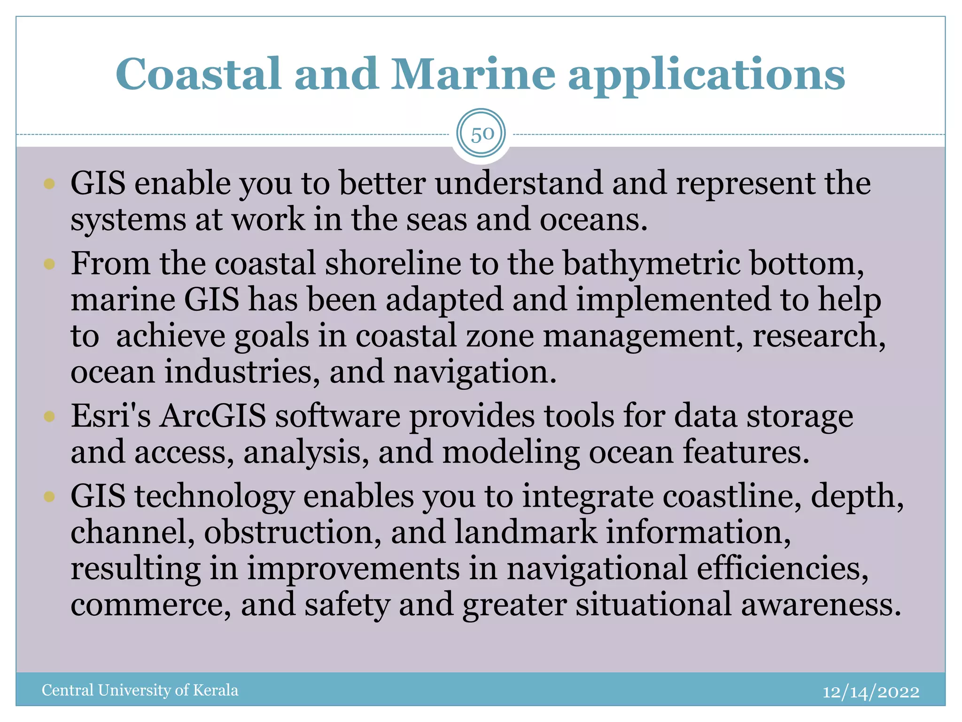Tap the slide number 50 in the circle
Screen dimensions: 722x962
click(481, 134)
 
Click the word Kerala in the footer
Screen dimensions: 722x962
click(216, 690)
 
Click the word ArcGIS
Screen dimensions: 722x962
click(212, 416)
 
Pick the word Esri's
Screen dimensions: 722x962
click(111, 416)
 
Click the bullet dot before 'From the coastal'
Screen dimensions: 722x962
click(49, 264)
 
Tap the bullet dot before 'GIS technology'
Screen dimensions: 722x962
click(49, 496)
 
